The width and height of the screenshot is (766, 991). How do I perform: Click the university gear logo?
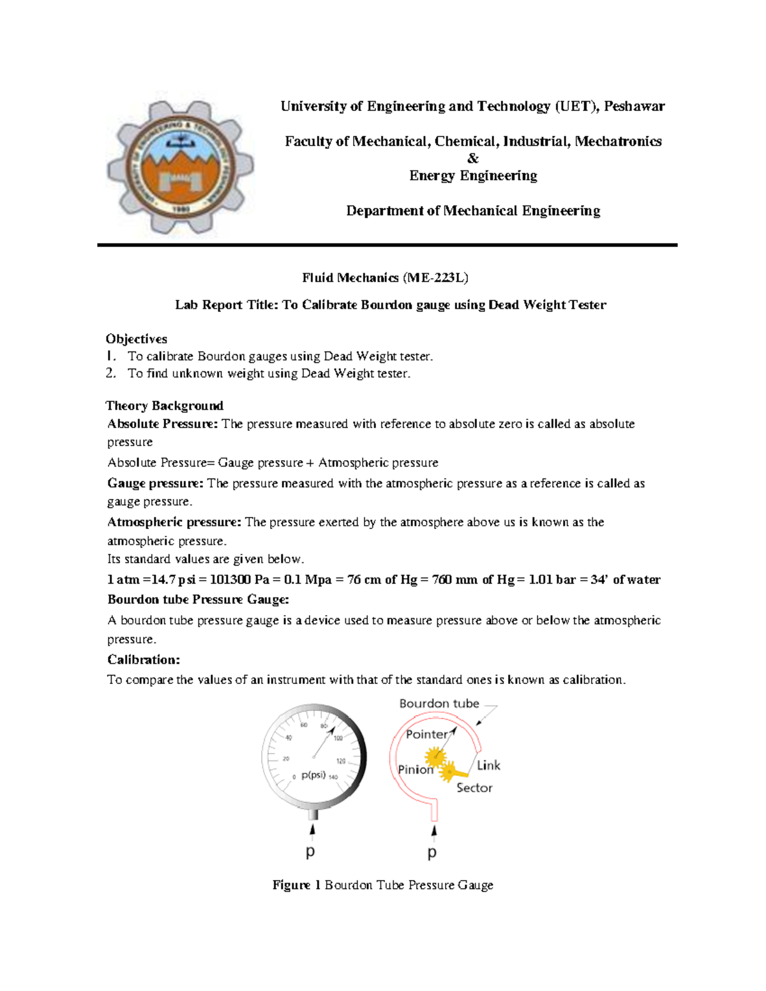pyautogui.click(x=181, y=168)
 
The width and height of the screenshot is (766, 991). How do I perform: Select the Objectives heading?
pyautogui.click(x=137, y=339)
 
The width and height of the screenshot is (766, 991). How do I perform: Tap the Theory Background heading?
pyautogui.click(x=165, y=406)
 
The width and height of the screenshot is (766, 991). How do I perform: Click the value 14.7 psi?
pyautogui.click(x=170, y=579)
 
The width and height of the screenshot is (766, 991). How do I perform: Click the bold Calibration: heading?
pyautogui.click(x=144, y=660)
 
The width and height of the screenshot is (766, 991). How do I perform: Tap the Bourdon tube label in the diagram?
pyautogui.click(x=439, y=703)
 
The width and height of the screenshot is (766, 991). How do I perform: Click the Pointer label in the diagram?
pyautogui.click(x=426, y=734)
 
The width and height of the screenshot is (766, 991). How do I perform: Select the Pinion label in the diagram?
pyautogui.click(x=416, y=770)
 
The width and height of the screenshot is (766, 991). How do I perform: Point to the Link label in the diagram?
pyautogui.click(x=488, y=765)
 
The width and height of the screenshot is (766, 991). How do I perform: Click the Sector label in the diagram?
pyautogui.click(x=474, y=788)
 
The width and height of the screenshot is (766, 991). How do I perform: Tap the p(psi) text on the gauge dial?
pyautogui.click(x=313, y=775)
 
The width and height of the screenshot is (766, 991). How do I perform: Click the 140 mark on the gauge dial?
pyautogui.click(x=333, y=777)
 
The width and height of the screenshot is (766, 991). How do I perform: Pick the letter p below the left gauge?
pyautogui.click(x=310, y=852)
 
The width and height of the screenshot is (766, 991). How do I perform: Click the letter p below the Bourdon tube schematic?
pyautogui.click(x=432, y=853)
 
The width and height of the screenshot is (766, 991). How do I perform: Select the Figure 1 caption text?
pyautogui.click(x=382, y=885)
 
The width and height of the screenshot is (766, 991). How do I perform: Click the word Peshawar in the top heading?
pyautogui.click(x=634, y=107)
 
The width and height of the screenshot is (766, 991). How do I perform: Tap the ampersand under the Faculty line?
pyautogui.click(x=473, y=158)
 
